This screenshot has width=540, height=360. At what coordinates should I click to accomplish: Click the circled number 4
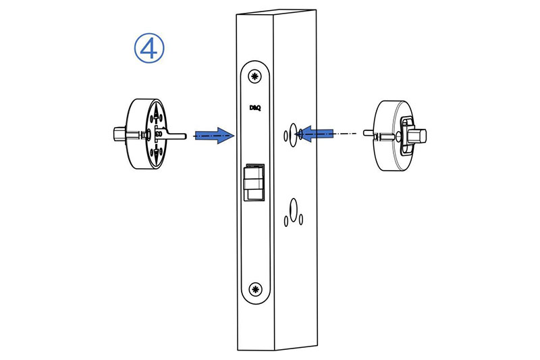pyautogui.click(x=149, y=48)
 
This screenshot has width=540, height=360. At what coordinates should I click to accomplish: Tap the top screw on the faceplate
pyautogui.click(x=255, y=76)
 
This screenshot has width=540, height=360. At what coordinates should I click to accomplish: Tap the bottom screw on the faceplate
pyautogui.click(x=255, y=289)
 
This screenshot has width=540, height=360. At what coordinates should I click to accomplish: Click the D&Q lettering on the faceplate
pyautogui.click(x=255, y=108)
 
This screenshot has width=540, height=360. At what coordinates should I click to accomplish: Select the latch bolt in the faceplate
pyautogui.click(x=254, y=182)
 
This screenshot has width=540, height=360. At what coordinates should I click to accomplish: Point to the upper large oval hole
pyautogui.click(x=293, y=134)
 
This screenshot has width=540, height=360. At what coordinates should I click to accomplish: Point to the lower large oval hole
pyautogui.click(x=294, y=210)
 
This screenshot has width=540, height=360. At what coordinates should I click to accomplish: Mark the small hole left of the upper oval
pyautogui.click(x=286, y=136)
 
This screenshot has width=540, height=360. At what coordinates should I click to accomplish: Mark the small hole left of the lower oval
pyautogui.click(x=286, y=221)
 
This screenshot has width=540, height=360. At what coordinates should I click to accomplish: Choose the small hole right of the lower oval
pyautogui.click(x=301, y=220)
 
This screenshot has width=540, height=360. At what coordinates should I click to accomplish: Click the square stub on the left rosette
pyautogui.click(x=119, y=134)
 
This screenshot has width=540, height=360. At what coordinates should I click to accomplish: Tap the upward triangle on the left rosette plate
pyautogui.click(x=157, y=113)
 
